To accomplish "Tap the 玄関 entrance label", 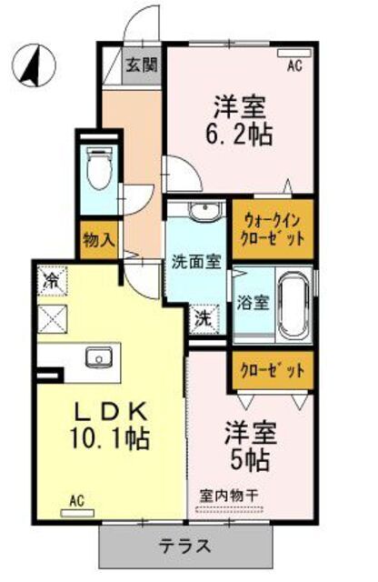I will coord(141,65).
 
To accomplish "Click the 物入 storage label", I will coord(98,241).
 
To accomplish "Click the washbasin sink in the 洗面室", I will coord(202,213).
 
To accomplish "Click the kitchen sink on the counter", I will coord(96,356).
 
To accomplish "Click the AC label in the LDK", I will coord(77,499).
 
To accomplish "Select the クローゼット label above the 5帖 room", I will coord(272,371).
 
